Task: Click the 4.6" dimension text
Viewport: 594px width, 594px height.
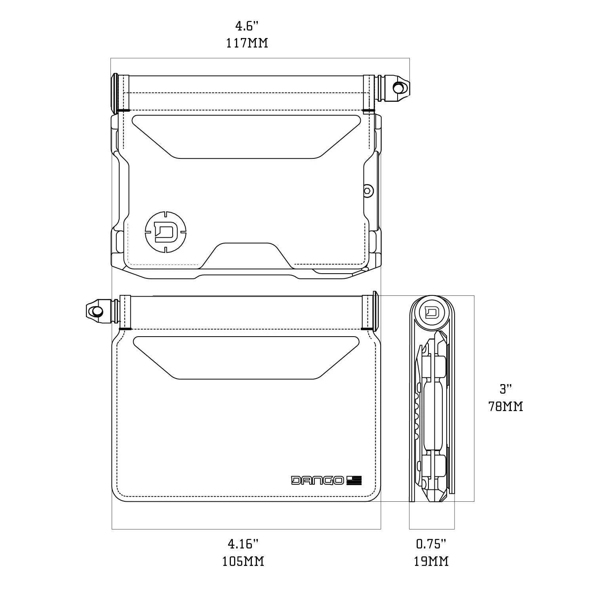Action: [x=247, y=27]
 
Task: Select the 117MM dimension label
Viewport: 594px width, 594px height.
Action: [x=247, y=43]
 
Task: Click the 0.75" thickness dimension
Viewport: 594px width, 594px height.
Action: [x=431, y=544]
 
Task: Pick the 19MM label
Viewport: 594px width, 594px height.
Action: [x=431, y=561]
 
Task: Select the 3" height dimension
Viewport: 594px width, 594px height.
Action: [x=505, y=389]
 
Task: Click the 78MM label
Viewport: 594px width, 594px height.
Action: [x=506, y=406]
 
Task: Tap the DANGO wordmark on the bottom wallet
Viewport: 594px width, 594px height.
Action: [x=318, y=480]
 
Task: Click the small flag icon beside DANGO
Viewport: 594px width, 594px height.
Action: [x=354, y=480]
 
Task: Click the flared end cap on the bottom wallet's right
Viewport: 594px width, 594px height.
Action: [x=374, y=311]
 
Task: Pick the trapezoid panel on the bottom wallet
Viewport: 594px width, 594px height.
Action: [x=246, y=356]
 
